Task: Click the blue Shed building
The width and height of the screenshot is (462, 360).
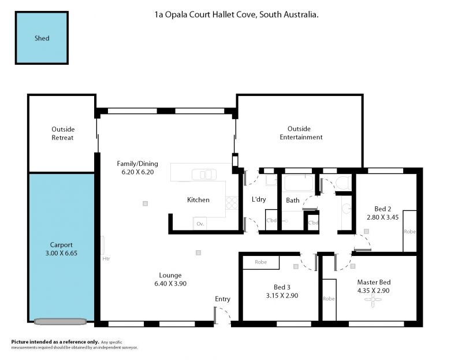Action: coord(42,38)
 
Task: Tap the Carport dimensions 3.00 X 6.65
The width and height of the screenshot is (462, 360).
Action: coord(61,253)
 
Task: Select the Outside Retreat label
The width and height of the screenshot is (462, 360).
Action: coord(63,133)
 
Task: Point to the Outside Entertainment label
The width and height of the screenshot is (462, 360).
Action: coord(301,133)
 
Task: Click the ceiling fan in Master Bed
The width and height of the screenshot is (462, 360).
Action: coord(372,300)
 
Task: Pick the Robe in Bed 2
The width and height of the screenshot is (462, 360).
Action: coord(409,231)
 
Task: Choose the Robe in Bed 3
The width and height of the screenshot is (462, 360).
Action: coord(261,262)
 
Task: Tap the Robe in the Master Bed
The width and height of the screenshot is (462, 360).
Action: coord(329,299)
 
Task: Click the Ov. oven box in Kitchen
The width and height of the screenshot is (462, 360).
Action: coord(200,224)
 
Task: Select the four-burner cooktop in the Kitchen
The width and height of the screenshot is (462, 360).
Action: coord(232,203)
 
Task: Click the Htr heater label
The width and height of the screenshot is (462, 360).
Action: coord(106,258)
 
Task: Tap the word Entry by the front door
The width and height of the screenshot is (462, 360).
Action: coord(222,299)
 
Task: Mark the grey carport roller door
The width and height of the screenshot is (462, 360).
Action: coord(60,321)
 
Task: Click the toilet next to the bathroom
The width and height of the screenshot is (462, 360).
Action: coord(344,183)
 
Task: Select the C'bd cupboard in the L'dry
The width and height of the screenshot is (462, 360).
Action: coord(271,220)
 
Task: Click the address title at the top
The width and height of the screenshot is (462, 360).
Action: coord(236,14)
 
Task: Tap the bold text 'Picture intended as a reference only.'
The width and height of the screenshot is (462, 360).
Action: coord(55,342)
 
